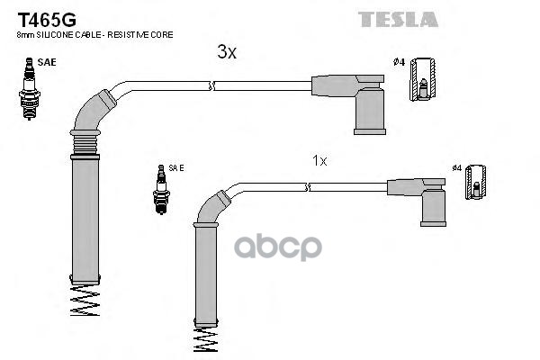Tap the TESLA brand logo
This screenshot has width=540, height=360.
(398, 19)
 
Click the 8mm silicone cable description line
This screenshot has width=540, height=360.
(95, 34)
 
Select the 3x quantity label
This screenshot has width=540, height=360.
(227, 53)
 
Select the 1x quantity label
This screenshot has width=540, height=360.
(319, 160)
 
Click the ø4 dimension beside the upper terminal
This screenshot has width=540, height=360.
(399, 62)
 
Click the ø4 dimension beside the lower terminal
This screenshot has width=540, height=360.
(456, 167)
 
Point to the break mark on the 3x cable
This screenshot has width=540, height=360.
(212, 86)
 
